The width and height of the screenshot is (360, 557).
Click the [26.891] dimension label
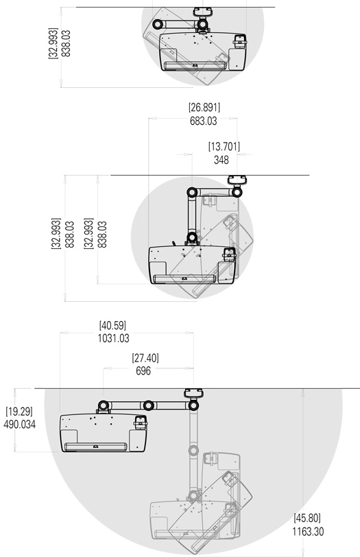click(204, 107)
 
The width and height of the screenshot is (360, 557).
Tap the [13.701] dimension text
click(224, 146)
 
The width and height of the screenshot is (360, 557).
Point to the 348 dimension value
click(221, 160)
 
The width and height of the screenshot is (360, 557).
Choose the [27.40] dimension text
click(145, 357)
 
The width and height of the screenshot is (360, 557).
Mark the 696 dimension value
click(143, 370)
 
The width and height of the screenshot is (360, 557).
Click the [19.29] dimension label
click(19, 412)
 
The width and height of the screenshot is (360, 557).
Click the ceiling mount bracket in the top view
click(202, 12)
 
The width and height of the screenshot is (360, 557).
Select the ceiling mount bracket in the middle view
click(237, 181)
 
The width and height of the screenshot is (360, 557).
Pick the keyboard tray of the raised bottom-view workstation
click(95, 447)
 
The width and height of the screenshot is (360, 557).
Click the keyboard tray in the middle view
click(186, 279)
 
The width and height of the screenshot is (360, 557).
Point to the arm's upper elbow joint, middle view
click(193, 192)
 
